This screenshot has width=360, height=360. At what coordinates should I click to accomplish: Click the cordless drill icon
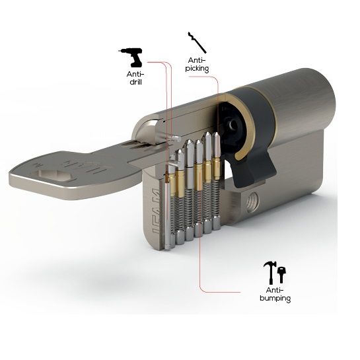click(x=131, y=57)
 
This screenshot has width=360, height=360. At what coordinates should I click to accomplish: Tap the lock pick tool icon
click(x=198, y=43)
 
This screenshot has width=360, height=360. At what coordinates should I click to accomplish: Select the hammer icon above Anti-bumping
click(x=270, y=273)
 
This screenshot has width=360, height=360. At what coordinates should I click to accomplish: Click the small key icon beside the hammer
click(x=281, y=275)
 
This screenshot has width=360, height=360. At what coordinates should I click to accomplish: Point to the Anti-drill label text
click(x=135, y=78)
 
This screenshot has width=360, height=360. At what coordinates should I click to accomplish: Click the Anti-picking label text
click(x=197, y=65)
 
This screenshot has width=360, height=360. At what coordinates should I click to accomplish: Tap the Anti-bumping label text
click(x=275, y=295)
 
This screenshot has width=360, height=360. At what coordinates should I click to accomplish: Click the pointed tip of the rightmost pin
click(x=216, y=133)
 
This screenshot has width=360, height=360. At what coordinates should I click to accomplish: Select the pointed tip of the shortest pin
click(x=180, y=151)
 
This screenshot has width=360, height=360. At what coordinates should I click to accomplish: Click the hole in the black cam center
click(x=233, y=124)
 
